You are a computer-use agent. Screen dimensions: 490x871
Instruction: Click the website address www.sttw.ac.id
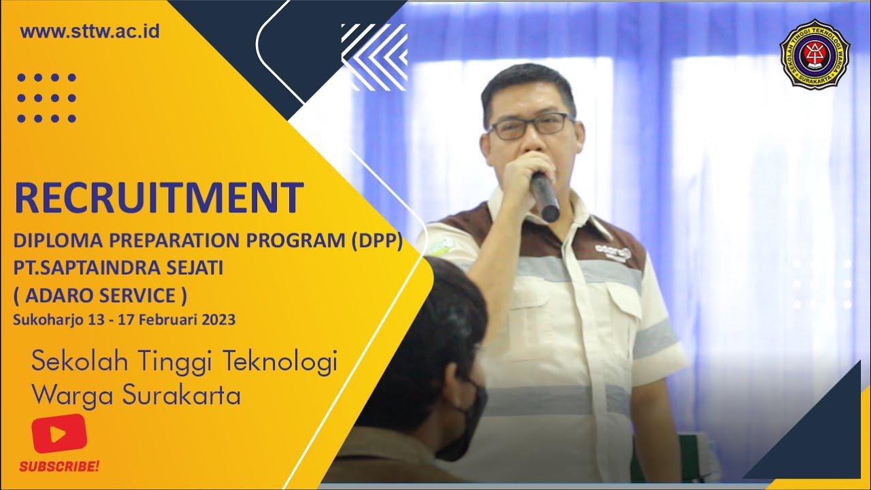(x=90, y=31)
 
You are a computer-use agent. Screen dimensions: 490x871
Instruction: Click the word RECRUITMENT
(x=159, y=198)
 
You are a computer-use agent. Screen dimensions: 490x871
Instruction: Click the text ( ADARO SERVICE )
(x=100, y=295)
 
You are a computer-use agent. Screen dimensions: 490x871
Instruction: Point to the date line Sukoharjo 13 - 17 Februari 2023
(x=124, y=319)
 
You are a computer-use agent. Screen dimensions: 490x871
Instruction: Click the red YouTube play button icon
(x=59, y=434)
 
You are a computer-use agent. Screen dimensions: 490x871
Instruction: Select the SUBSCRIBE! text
(x=59, y=467)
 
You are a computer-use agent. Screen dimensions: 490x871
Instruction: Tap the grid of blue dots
(x=46, y=98)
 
